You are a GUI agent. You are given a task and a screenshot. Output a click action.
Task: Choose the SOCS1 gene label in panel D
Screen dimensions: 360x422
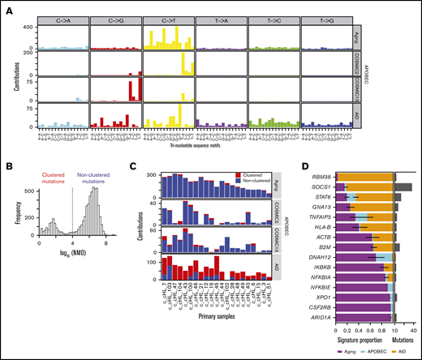click(x=321, y=186)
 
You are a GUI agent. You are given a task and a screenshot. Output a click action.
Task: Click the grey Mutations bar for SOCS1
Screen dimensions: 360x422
click(x=403, y=186)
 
